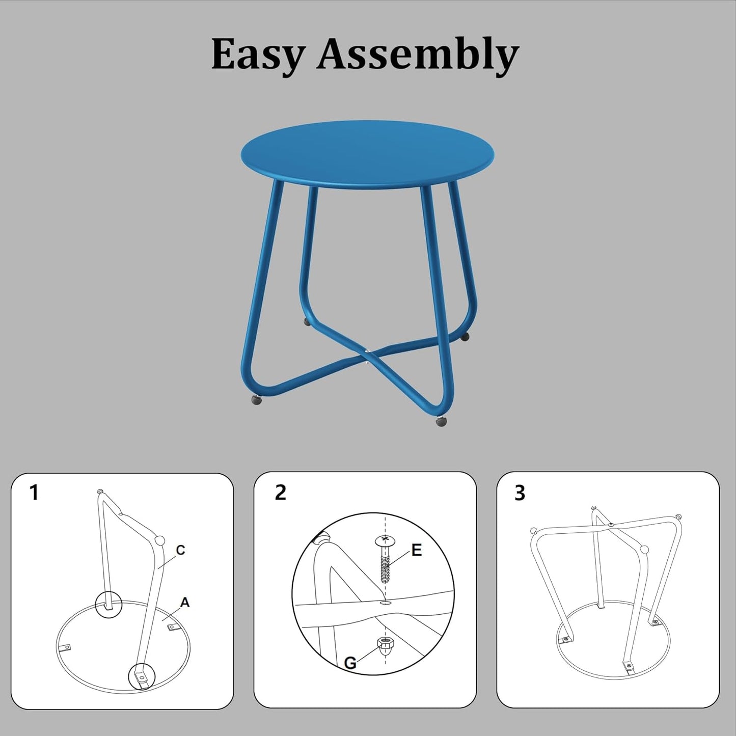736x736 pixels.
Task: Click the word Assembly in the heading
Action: [x=417, y=54]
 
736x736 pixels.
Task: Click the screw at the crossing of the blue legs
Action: [x=368, y=351]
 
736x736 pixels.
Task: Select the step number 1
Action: [x=34, y=493]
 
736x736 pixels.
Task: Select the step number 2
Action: [x=280, y=493]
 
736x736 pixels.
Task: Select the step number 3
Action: [x=520, y=493]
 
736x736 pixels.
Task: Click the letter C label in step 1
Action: [x=180, y=550]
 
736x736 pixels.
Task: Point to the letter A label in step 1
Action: [x=185, y=603]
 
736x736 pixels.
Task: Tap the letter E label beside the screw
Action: [x=416, y=550]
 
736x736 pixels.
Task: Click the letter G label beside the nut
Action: [x=350, y=663]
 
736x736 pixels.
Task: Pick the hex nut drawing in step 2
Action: [x=385, y=645]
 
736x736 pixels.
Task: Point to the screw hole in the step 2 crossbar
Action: [x=386, y=603]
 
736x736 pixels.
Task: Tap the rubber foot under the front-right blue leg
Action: [x=441, y=421]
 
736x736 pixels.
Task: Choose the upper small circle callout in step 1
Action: [x=109, y=605]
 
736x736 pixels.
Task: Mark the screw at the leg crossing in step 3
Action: [x=612, y=524]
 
